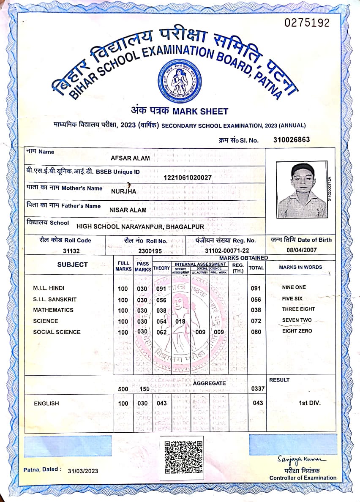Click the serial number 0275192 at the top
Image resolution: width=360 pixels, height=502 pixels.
(x=307, y=23)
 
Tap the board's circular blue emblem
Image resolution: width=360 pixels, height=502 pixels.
(x=179, y=81)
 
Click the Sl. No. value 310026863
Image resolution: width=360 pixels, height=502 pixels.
(x=292, y=139)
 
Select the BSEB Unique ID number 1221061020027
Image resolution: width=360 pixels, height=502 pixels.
(x=188, y=177)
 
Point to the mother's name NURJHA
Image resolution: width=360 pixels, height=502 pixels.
(x=124, y=191)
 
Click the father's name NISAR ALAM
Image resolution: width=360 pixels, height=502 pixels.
(x=128, y=210)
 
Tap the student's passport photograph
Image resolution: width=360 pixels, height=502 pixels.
(x=302, y=190)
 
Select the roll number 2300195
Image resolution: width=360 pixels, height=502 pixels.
(x=150, y=251)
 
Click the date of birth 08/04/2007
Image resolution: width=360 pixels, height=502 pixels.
(x=302, y=250)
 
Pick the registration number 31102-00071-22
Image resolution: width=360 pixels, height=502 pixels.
(x=226, y=251)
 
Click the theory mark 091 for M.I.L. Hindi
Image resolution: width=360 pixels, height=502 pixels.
(x=161, y=289)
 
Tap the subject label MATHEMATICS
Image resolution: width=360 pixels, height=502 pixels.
(x=53, y=310)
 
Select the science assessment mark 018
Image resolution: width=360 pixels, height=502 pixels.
(x=180, y=321)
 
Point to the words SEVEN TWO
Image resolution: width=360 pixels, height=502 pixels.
(x=297, y=320)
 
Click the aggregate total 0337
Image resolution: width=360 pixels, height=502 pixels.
(x=257, y=388)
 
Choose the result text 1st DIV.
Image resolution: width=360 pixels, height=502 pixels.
(x=309, y=403)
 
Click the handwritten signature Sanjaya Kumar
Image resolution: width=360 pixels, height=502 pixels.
(x=302, y=459)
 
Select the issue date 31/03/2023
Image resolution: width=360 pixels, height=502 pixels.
(x=83, y=471)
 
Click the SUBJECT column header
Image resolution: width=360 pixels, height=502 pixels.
(x=72, y=265)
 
